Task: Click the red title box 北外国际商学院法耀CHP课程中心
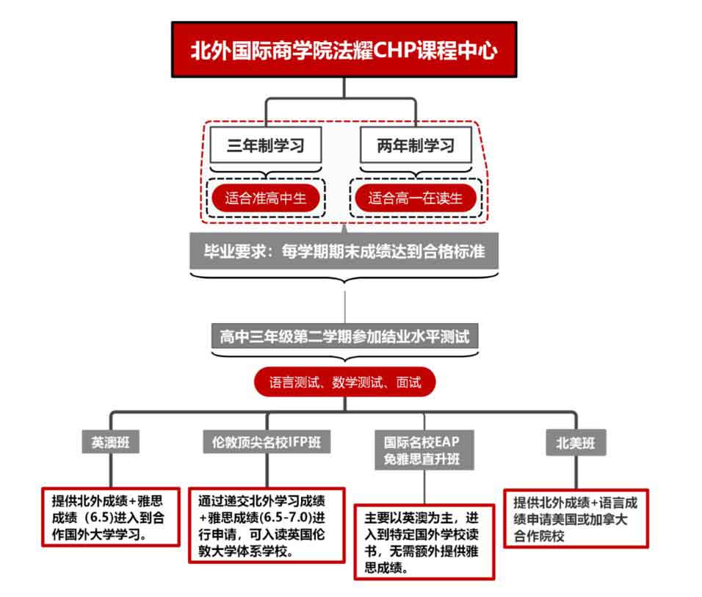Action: tap(344, 50)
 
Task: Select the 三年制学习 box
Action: tap(266, 145)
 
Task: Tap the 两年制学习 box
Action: tap(416, 145)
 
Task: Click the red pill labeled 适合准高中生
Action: tap(266, 198)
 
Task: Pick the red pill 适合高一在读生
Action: tap(416, 198)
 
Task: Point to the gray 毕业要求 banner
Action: tap(344, 253)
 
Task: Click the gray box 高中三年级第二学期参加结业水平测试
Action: tap(344, 338)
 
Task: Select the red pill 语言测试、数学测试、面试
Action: tap(344, 382)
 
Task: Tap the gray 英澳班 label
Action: tap(110, 443)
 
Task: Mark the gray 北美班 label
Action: tap(576, 443)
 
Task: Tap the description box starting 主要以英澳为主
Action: tap(424, 540)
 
